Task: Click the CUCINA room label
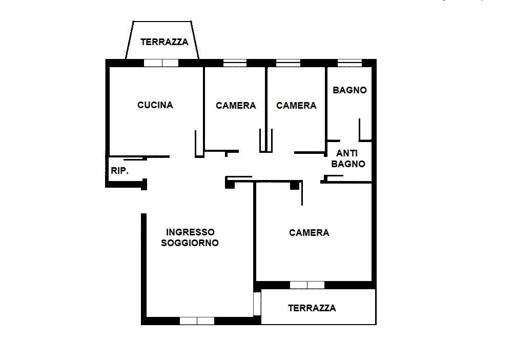pyautogui.click(x=155, y=105)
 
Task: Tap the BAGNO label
pyautogui.click(x=349, y=90)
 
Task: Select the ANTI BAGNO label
pyautogui.click(x=348, y=158)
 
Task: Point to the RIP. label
pyautogui.click(x=119, y=171)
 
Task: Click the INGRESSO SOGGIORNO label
pyautogui.click(x=190, y=237)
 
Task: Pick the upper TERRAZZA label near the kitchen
pyautogui.click(x=164, y=42)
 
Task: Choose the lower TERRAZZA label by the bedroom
pyautogui.click(x=312, y=308)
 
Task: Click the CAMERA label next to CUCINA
pyautogui.click(x=236, y=106)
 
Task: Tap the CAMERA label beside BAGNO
pyautogui.click(x=296, y=106)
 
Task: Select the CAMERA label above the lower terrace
pyautogui.click(x=309, y=233)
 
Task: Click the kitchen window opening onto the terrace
pyautogui.click(x=161, y=63)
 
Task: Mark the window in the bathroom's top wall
pyautogui.click(x=349, y=63)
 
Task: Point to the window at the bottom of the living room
pyautogui.click(x=197, y=321)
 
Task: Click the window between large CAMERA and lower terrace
pyautogui.click(x=307, y=285)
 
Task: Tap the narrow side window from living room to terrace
pyautogui.click(x=257, y=304)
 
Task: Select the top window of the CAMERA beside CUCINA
pyautogui.click(x=235, y=63)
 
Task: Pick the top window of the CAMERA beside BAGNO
pyautogui.click(x=288, y=63)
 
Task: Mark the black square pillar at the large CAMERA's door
pyautogui.click(x=295, y=186)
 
